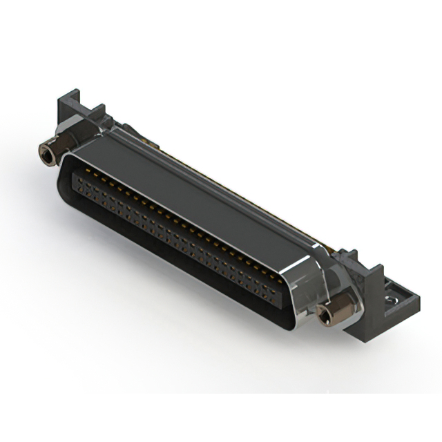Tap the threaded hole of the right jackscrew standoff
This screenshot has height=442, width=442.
coord(321,317)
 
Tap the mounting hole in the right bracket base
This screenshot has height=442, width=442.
coord(392,300)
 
